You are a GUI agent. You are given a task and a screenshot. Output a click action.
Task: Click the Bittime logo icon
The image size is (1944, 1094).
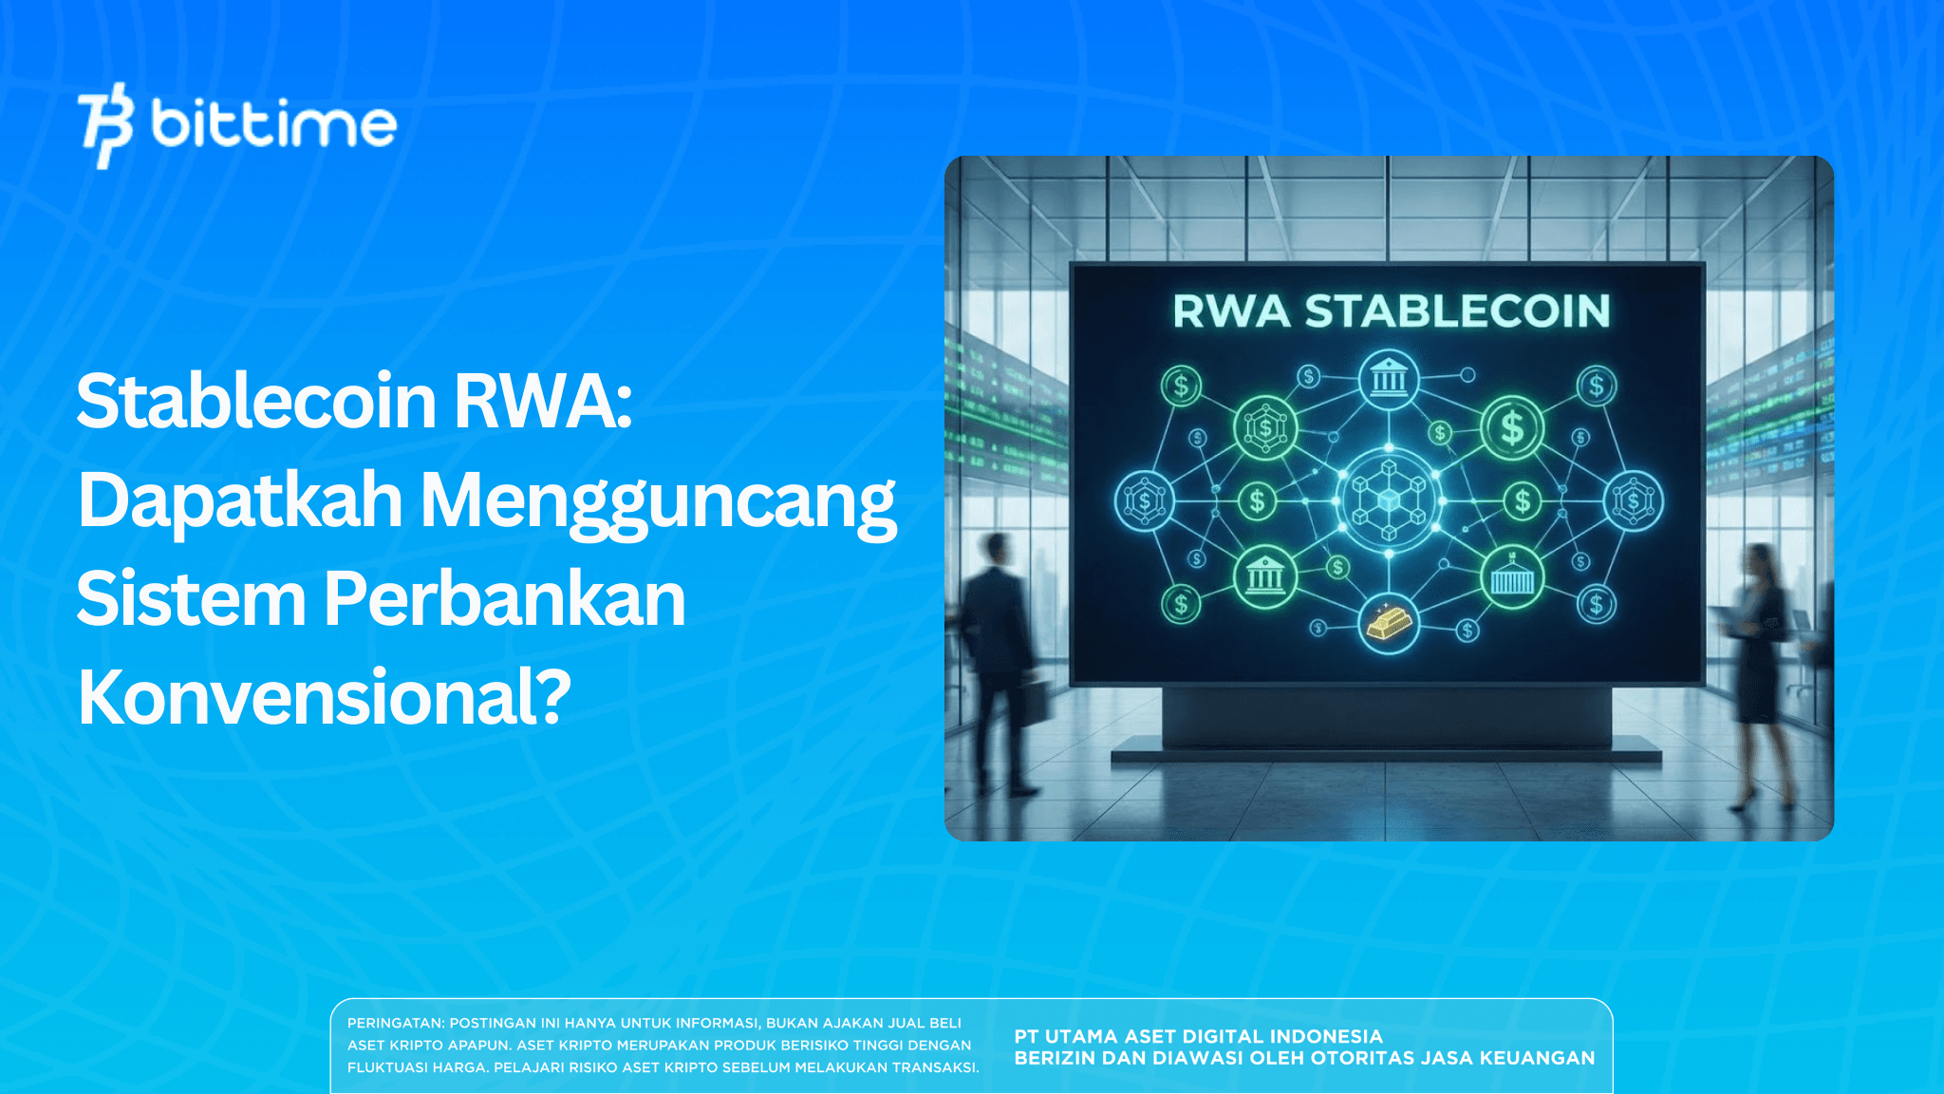(105, 125)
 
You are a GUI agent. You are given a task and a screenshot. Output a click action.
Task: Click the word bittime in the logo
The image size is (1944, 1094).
(273, 124)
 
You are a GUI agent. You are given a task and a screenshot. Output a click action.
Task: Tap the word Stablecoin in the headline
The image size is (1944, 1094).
(256, 401)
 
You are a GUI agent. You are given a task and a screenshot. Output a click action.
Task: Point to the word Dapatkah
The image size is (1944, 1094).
(240, 500)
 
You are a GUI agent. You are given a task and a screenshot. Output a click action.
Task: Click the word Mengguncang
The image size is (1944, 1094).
(658, 502)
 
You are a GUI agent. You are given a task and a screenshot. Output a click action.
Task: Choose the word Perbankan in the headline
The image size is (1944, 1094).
(504, 599)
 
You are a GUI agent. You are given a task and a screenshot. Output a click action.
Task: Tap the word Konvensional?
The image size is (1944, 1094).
(324, 697)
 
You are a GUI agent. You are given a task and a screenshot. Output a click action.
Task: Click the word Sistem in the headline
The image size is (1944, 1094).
(191, 599)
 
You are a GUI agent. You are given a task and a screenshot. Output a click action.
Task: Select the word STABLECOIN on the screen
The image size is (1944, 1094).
(1457, 311)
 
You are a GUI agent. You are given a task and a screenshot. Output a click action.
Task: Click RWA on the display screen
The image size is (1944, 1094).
(1231, 311)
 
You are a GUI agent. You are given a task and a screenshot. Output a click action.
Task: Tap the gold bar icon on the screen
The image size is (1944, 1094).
(1389, 623)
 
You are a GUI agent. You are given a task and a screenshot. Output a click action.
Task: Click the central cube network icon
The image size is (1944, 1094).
(1389, 500)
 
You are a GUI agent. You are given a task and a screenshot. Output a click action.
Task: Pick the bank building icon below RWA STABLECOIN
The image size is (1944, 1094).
(1389, 379)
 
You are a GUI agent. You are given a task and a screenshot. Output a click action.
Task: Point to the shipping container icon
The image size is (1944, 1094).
(1512, 576)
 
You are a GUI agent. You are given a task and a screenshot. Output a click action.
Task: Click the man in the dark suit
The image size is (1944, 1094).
(997, 655)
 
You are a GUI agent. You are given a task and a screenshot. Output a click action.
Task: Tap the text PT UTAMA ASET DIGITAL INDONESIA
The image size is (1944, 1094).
(1198, 1036)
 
